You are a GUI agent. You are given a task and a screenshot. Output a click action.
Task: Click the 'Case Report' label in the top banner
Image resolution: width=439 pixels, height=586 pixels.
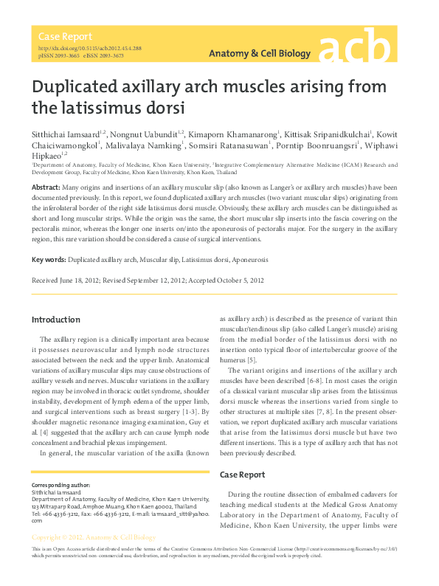point(66,36)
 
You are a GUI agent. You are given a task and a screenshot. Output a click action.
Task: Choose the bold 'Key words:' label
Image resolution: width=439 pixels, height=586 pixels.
point(49,261)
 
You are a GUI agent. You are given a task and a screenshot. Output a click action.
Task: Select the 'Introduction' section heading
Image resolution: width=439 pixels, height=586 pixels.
point(55,319)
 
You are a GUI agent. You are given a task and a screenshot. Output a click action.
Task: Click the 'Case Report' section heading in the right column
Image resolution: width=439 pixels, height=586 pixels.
point(243,475)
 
